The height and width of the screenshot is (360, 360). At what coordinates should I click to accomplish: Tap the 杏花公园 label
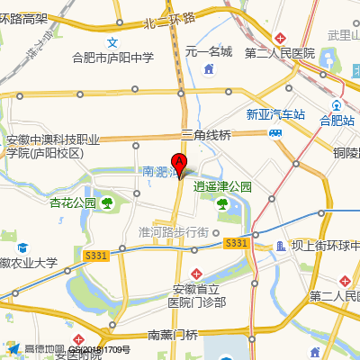[x=72, y=202]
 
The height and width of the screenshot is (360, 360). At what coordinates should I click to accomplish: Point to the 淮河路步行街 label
[x=174, y=231]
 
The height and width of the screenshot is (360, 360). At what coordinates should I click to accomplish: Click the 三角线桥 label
[x=206, y=135]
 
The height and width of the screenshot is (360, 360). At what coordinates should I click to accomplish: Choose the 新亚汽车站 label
[x=275, y=114]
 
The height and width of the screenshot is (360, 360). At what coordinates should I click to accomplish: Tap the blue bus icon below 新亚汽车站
[x=275, y=131]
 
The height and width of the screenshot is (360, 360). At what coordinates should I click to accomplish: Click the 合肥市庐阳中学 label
[x=113, y=58]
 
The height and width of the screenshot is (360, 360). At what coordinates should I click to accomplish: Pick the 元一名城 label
[x=209, y=52]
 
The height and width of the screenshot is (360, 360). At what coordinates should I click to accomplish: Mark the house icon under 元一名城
[x=209, y=68]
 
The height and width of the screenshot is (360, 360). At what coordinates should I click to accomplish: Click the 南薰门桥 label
[x=172, y=335]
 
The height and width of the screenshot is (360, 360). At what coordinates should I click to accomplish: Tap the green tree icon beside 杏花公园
[x=107, y=202]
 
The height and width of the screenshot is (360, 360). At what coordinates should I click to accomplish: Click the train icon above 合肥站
[x=337, y=101]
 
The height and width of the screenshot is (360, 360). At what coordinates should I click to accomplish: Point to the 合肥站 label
[x=337, y=119]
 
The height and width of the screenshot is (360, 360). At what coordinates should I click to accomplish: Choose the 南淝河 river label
[x=162, y=171]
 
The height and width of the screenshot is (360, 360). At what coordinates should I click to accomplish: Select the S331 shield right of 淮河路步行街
[x=236, y=243]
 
